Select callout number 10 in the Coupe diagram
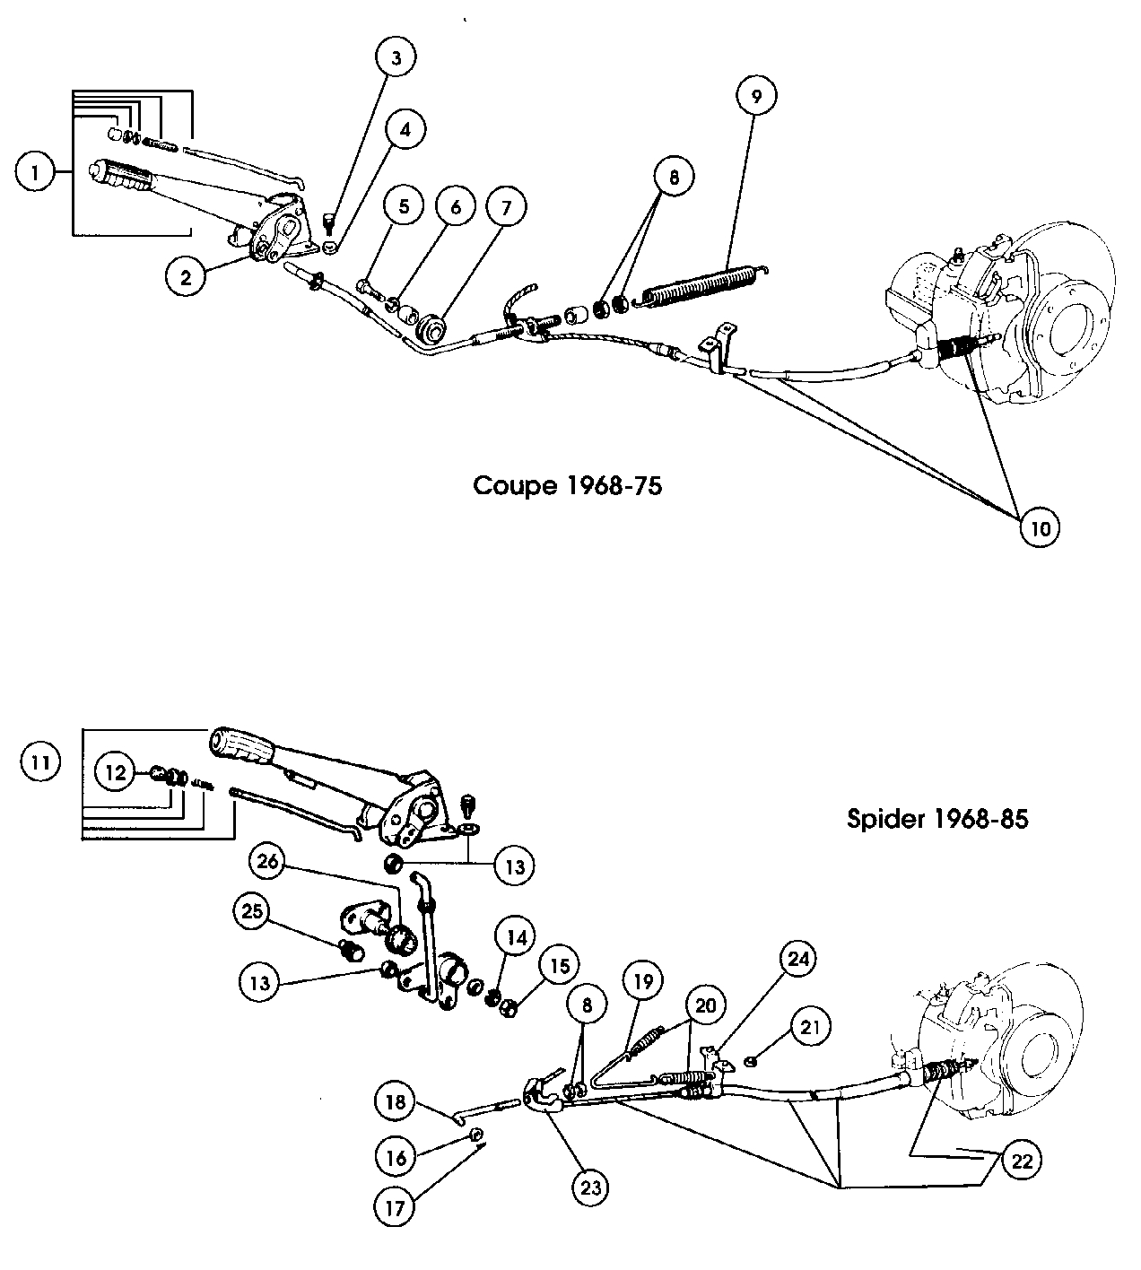point(1040,528)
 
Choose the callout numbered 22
point(1023,1161)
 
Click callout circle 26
point(271,863)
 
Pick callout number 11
point(40,764)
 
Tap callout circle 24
point(799,959)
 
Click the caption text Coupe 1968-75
point(567,486)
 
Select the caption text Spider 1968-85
point(937,819)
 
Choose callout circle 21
point(809,1026)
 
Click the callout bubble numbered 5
point(404,206)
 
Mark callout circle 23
point(592,1188)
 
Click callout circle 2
point(187,277)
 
